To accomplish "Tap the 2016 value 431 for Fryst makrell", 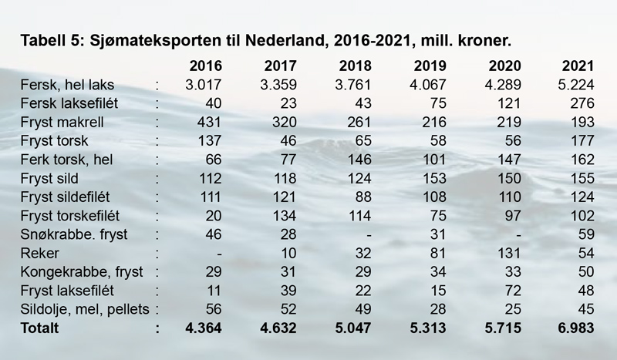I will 209,122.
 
